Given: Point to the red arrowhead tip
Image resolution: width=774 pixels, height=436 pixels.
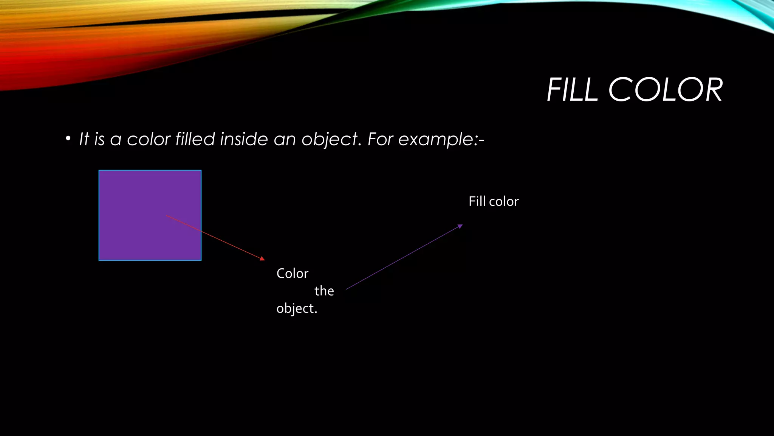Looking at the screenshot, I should tap(263, 259).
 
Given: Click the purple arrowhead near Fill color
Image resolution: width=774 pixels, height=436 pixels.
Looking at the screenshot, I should tap(460, 226).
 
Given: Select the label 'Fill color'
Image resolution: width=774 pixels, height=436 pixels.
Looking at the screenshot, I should tap(494, 201).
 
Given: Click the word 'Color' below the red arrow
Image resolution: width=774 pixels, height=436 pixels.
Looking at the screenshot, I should tap(292, 274).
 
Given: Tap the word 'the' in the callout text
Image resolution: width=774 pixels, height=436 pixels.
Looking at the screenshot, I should tap(324, 291).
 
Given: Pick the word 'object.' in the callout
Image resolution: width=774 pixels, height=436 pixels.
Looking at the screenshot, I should tap(297, 309).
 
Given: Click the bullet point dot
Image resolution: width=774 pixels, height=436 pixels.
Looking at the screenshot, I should tap(68, 139).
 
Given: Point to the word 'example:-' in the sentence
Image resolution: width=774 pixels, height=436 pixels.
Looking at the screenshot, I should tap(441, 140).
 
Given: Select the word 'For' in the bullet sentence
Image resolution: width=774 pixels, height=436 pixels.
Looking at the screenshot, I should tap(380, 139).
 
